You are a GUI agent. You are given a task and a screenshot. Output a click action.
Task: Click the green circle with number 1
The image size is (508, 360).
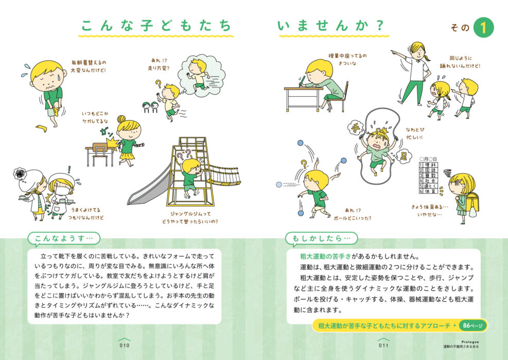click(483, 28)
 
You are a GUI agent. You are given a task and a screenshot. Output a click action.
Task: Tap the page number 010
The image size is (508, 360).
click(125, 346)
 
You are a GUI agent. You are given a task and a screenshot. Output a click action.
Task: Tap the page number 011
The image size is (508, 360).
click(383, 346)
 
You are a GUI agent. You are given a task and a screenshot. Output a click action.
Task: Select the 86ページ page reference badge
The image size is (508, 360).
click(472, 326)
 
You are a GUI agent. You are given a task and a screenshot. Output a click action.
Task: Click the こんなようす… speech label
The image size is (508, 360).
click(64, 239)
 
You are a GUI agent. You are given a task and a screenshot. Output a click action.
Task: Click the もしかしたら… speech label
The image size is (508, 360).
click(321, 239)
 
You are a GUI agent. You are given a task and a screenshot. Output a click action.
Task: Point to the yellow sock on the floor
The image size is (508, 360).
click(42, 128)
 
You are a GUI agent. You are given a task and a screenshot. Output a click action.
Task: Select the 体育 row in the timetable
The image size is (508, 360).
click(428, 191)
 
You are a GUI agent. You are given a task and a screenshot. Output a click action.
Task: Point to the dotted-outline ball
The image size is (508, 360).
click(278, 185)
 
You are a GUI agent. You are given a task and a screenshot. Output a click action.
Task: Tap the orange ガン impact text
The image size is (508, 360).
click(106, 132)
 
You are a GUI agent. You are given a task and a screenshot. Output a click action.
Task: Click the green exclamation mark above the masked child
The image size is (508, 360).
click(69, 169)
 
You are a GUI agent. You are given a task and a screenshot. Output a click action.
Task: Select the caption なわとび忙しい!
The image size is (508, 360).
click(415, 133)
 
